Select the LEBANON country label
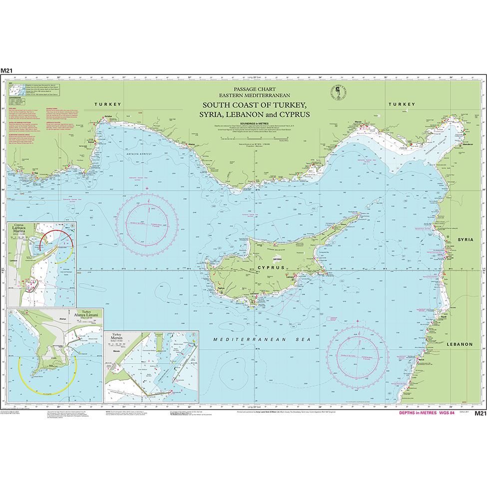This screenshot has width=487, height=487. click(x=459, y=344)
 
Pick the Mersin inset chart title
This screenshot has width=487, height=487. click(x=117, y=340)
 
